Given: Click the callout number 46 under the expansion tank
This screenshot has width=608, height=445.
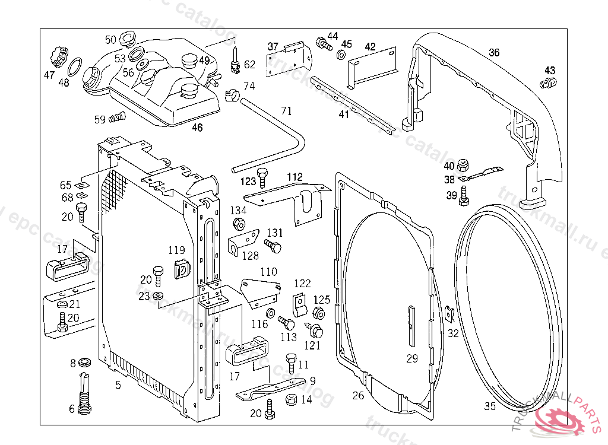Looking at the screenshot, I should [197, 127].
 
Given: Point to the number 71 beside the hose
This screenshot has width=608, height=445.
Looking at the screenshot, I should [287, 111].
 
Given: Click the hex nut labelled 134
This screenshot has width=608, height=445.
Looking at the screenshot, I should [239, 224].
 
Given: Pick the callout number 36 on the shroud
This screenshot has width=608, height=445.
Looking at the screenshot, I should [494, 53].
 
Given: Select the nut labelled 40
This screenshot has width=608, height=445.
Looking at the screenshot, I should [466, 164].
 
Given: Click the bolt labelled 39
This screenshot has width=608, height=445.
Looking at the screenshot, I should [464, 195].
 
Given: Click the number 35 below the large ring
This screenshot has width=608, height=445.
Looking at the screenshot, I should [489, 406].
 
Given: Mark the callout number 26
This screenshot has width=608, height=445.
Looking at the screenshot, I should [358, 396].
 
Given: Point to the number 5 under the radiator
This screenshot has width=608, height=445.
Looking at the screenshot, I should [118, 385].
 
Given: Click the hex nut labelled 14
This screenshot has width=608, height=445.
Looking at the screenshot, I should [292, 399].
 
